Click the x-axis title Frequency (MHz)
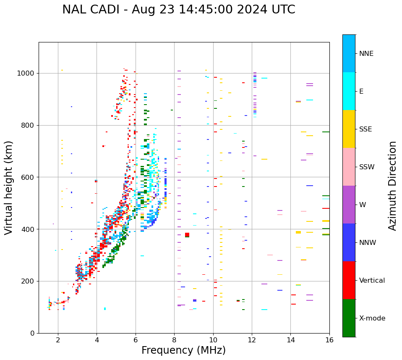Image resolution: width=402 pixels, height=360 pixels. [183, 350]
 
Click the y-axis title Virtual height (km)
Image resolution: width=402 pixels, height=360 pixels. [9, 188]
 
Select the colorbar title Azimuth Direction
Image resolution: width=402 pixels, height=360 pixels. [392, 186]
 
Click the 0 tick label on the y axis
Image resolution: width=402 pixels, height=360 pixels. [32, 333]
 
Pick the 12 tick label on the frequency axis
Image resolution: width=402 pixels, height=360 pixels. [252, 340]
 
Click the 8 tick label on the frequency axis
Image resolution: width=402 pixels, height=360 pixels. [174, 340]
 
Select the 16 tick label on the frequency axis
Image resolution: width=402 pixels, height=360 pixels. [329, 340]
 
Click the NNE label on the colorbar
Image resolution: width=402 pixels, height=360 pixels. [366, 54]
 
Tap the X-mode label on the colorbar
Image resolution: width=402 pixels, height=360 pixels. [372, 318]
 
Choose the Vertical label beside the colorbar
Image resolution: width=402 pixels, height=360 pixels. [372, 281]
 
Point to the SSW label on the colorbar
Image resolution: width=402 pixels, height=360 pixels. [367, 167]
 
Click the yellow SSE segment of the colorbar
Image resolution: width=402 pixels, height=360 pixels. [349, 129]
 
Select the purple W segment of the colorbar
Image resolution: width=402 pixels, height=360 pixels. [349, 205]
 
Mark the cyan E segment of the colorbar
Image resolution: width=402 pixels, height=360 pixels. [349, 91]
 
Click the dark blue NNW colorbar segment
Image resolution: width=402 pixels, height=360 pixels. [349, 242]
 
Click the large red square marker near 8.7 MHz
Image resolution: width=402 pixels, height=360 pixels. [187, 235]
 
